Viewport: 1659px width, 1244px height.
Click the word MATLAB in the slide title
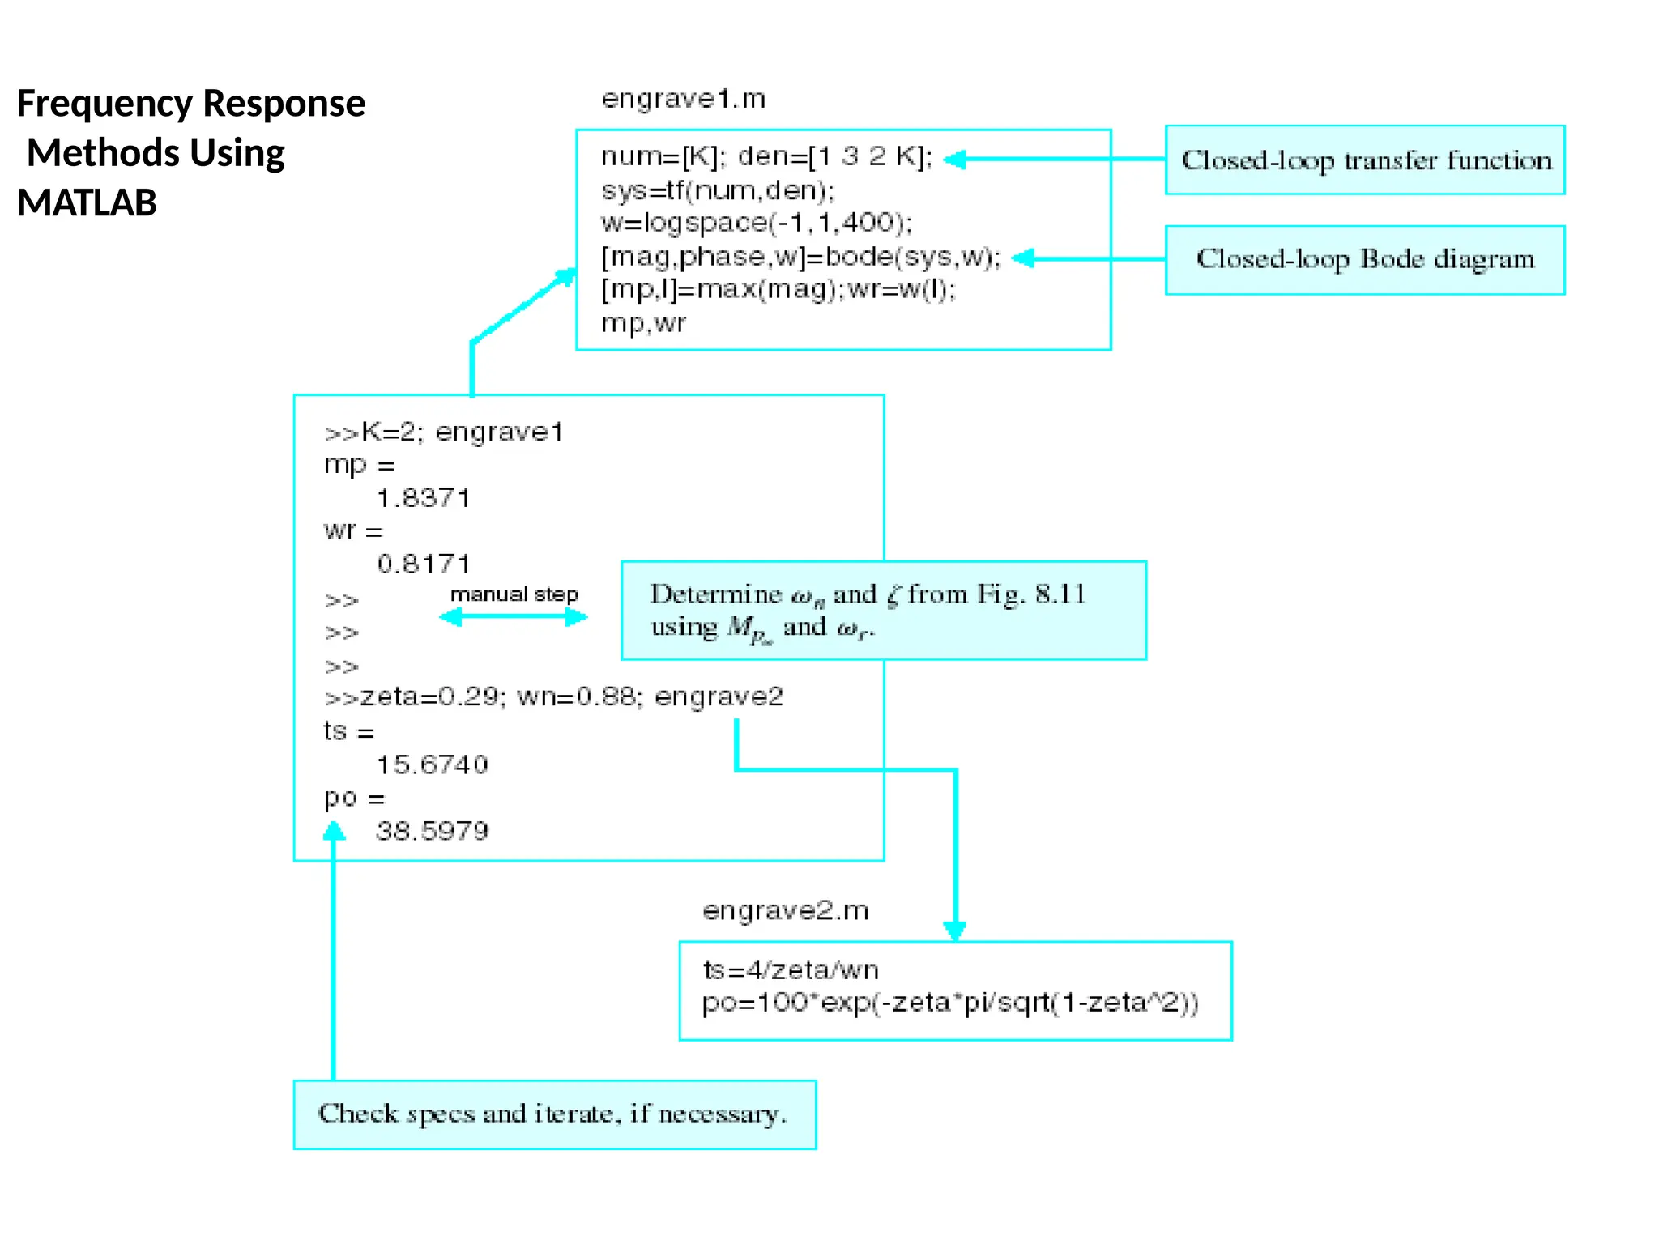tap(87, 202)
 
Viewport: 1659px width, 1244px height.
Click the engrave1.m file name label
tap(683, 99)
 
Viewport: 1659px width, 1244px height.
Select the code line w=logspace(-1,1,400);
tap(756, 223)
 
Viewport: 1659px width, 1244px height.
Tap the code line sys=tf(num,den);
tap(717, 190)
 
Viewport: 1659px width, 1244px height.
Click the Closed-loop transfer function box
tap(1364, 160)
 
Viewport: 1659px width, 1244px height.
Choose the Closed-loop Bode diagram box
tap(1364, 260)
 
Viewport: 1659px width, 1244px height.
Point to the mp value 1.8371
tap(424, 498)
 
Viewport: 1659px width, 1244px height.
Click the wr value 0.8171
tap(424, 564)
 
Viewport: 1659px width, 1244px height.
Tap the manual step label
tap(514, 594)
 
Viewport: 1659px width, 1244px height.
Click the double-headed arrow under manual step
tap(513, 617)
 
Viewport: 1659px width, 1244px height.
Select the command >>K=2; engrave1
tap(443, 432)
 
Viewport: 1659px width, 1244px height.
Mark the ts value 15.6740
tap(432, 765)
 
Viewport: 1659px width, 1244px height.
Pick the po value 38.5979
tap(432, 831)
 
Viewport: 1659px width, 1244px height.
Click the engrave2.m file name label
tap(785, 910)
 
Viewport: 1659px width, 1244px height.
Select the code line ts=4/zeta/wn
tap(790, 969)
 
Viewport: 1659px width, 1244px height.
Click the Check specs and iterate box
tap(554, 1114)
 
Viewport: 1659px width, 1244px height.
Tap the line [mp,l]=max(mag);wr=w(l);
tap(778, 289)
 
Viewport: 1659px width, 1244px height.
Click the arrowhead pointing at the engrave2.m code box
tap(955, 931)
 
